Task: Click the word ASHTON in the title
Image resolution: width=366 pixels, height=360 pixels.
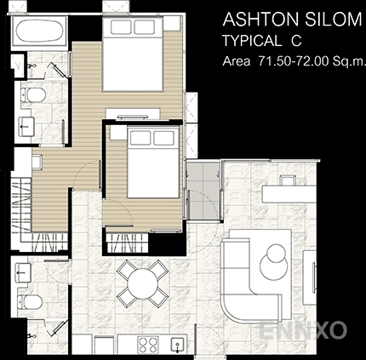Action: point(260,20)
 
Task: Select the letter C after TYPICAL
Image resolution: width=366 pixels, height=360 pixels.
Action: point(295,41)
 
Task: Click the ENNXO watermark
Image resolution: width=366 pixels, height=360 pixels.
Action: point(303,330)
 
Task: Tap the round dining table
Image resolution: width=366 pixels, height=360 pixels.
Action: point(142,283)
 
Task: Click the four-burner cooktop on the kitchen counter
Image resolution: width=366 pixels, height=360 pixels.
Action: point(148,345)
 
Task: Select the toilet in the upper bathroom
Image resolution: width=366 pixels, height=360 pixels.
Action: point(32,94)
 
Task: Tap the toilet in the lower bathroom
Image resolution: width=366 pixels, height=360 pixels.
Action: point(30,301)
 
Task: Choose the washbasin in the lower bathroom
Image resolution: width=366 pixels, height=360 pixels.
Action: point(24,272)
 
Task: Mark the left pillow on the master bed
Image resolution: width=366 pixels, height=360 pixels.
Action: point(121,27)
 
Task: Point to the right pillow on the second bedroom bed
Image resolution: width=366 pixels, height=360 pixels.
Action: point(163,138)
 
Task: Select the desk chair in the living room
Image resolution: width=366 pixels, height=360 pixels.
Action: point(288,180)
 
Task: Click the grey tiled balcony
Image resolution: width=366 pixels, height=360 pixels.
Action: point(203,190)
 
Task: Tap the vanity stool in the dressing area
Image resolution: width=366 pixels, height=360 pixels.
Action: point(37,162)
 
